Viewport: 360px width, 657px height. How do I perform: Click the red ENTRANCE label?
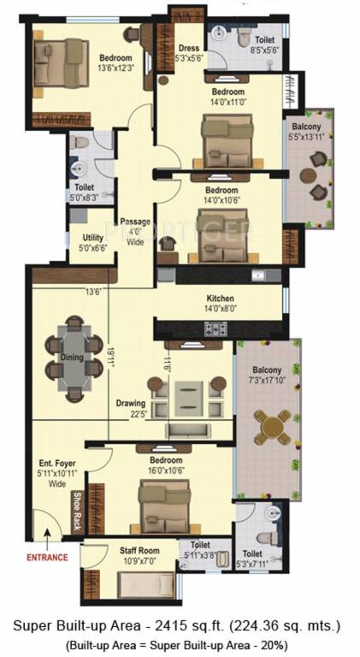[x=46, y=557]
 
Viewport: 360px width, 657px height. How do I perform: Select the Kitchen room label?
[x=220, y=299]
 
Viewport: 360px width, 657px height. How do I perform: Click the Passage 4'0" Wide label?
[x=135, y=231]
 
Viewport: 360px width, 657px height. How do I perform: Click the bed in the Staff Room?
[x=145, y=584]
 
